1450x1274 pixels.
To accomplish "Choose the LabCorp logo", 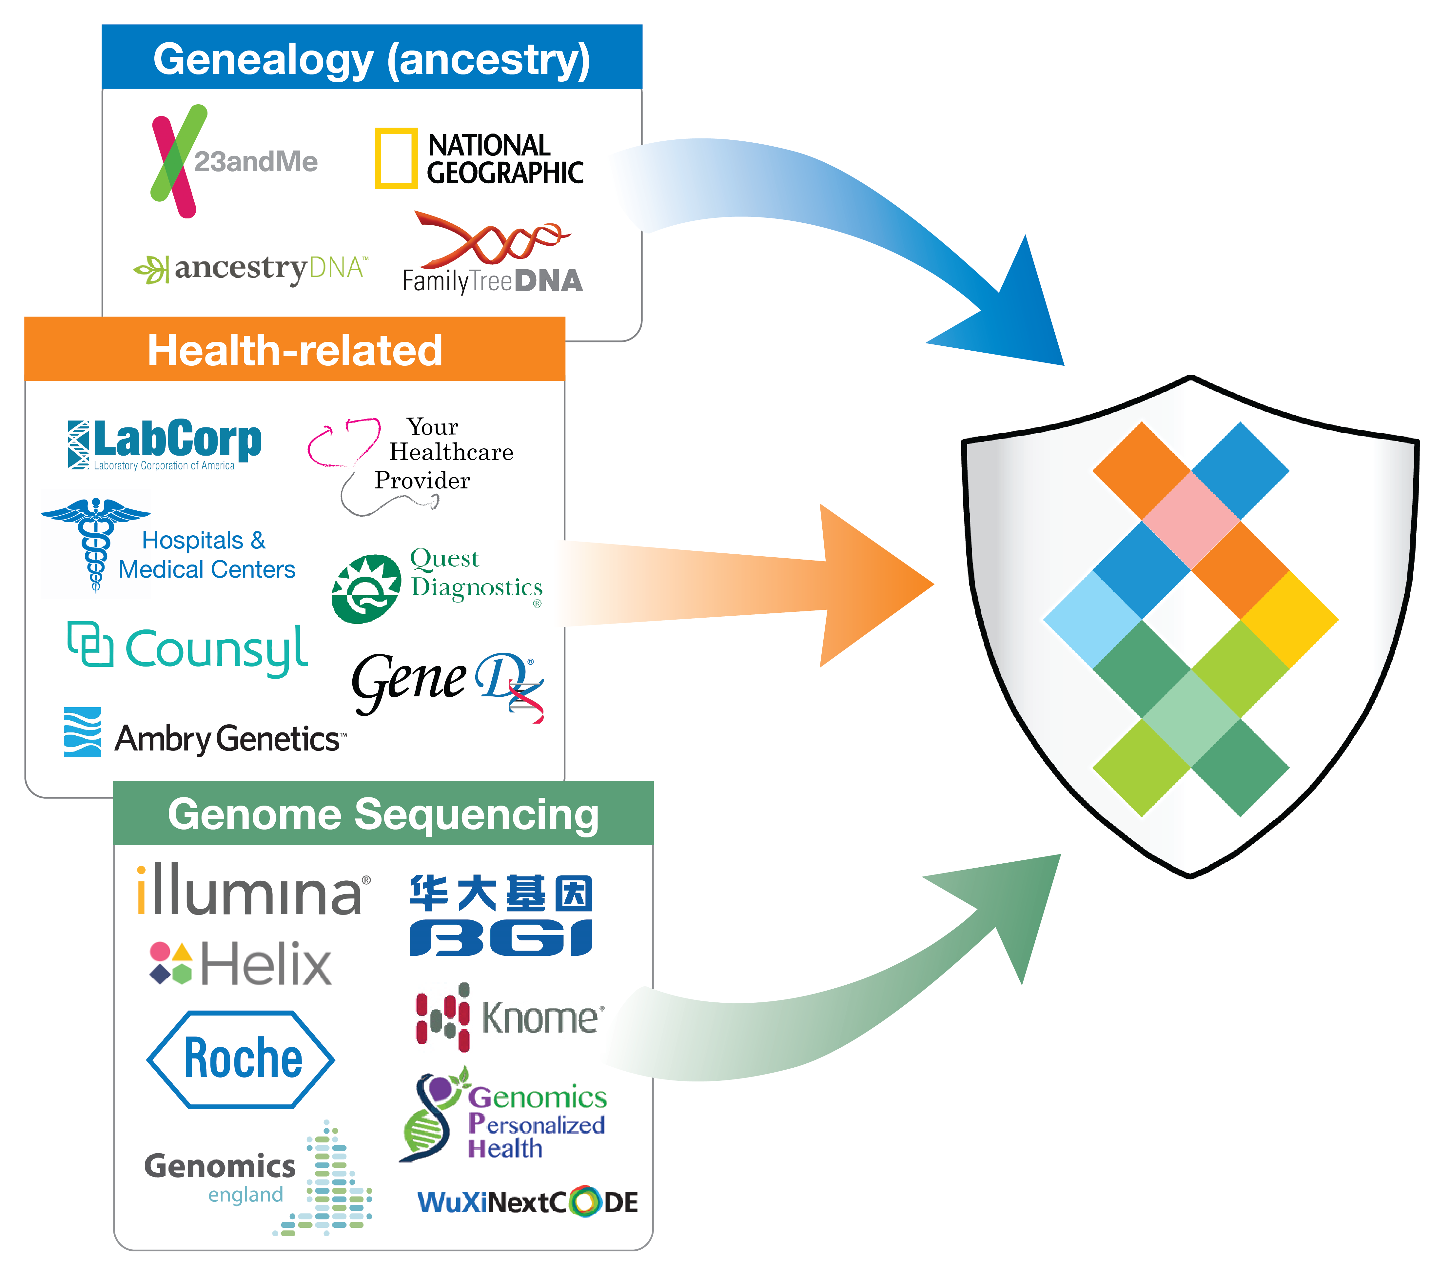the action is tap(165, 443).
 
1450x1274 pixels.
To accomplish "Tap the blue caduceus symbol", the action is tap(96, 543).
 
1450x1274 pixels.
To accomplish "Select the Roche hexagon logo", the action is tap(241, 1059).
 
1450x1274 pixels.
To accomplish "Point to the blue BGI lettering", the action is tap(501, 937).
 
